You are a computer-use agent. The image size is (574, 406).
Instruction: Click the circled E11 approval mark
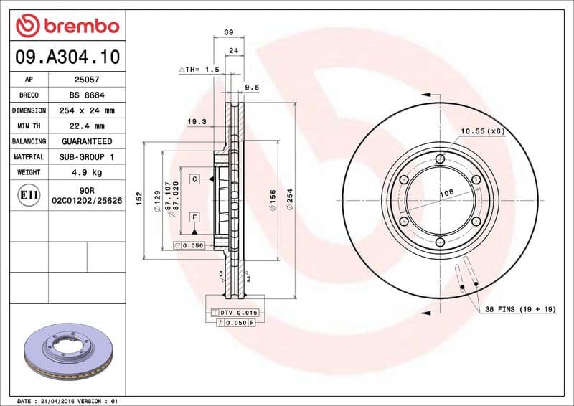click(x=29, y=194)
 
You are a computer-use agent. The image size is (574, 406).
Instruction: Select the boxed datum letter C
click(x=194, y=178)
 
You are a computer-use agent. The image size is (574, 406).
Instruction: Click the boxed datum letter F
click(x=194, y=216)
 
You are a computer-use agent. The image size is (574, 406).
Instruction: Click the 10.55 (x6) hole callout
click(x=482, y=131)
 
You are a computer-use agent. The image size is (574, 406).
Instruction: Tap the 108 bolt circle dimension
click(x=446, y=192)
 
